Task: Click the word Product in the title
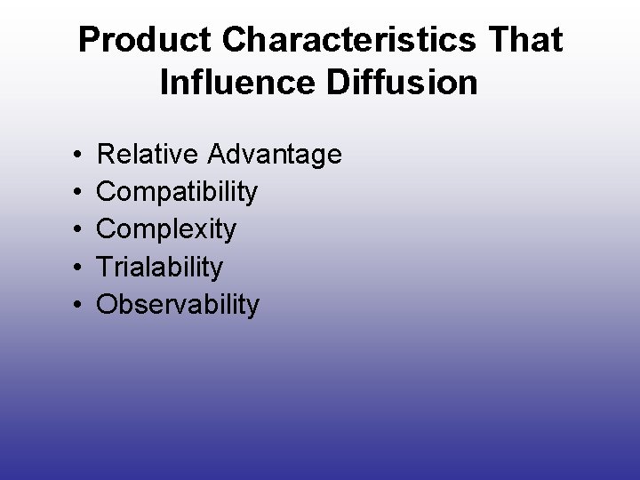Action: pos(132,40)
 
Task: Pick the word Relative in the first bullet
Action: pos(147,155)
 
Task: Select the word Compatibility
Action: pos(177,192)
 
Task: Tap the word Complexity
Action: pos(166,230)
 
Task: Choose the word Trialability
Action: pos(160,268)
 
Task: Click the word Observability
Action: pos(178,305)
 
